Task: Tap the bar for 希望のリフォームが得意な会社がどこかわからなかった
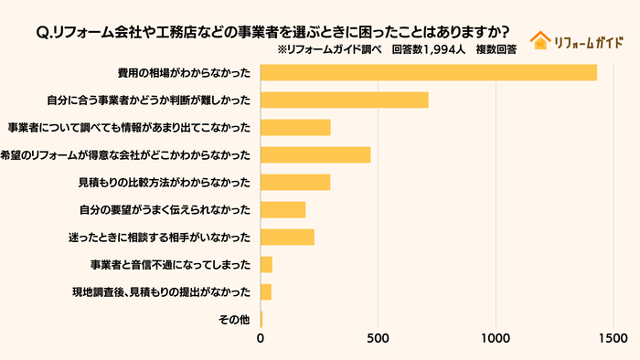[315, 154]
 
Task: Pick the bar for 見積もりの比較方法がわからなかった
[295, 182]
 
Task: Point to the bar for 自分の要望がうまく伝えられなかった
[283, 209]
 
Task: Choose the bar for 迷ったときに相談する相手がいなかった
[287, 237]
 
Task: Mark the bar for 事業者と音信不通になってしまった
[267, 264]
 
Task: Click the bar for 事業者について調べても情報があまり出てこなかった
[295, 127]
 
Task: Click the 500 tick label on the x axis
[379, 338]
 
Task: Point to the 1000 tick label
[496, 338]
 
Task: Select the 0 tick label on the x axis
[261, 338]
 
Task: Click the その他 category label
[234, 320]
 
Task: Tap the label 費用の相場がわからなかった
[184, 73]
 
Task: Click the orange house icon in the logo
[540, 40]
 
